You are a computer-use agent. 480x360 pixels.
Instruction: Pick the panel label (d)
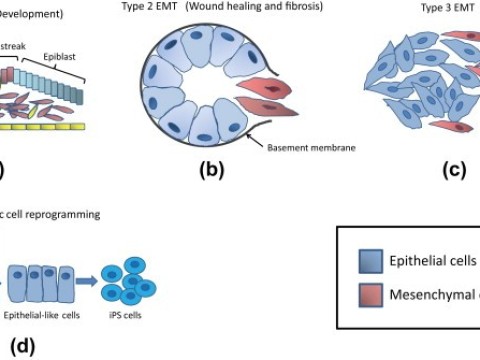coord(22,347)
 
